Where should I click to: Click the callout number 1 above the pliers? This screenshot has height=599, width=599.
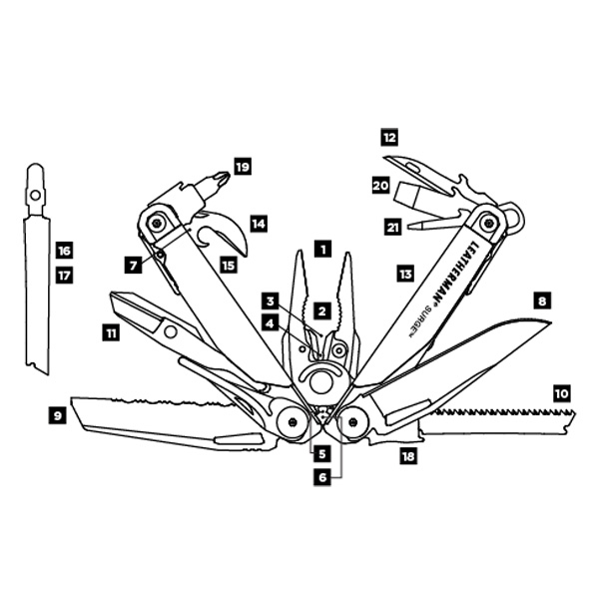[x=323, y=250]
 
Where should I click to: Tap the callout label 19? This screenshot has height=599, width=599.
[x=243, y=167]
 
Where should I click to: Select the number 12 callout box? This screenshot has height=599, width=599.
[x=389, y=138]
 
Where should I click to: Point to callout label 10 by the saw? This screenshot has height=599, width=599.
[x=561, y=393]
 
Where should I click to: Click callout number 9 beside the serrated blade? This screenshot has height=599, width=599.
[x=58, y=415]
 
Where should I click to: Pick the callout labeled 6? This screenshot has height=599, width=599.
[x=322, y=477]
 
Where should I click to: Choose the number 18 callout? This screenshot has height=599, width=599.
[x=408, y=456]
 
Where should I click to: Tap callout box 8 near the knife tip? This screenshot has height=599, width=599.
[x=542, y=301]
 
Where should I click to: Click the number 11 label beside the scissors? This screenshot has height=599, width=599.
[x=111, y=333]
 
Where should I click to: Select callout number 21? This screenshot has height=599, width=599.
[x=392, y=228]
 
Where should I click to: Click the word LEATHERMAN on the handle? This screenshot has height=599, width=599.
[x=454, y=272]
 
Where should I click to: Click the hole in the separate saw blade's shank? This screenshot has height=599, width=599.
[x=36, y=196]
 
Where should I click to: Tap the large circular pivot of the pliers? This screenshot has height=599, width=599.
[x=320, y=382]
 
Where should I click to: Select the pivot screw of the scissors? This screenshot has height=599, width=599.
[x=171, y=331]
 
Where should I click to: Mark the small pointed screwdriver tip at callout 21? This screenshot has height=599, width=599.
[x=412, y=227]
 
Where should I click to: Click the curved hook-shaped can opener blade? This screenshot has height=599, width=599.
[x=226, y=232]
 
